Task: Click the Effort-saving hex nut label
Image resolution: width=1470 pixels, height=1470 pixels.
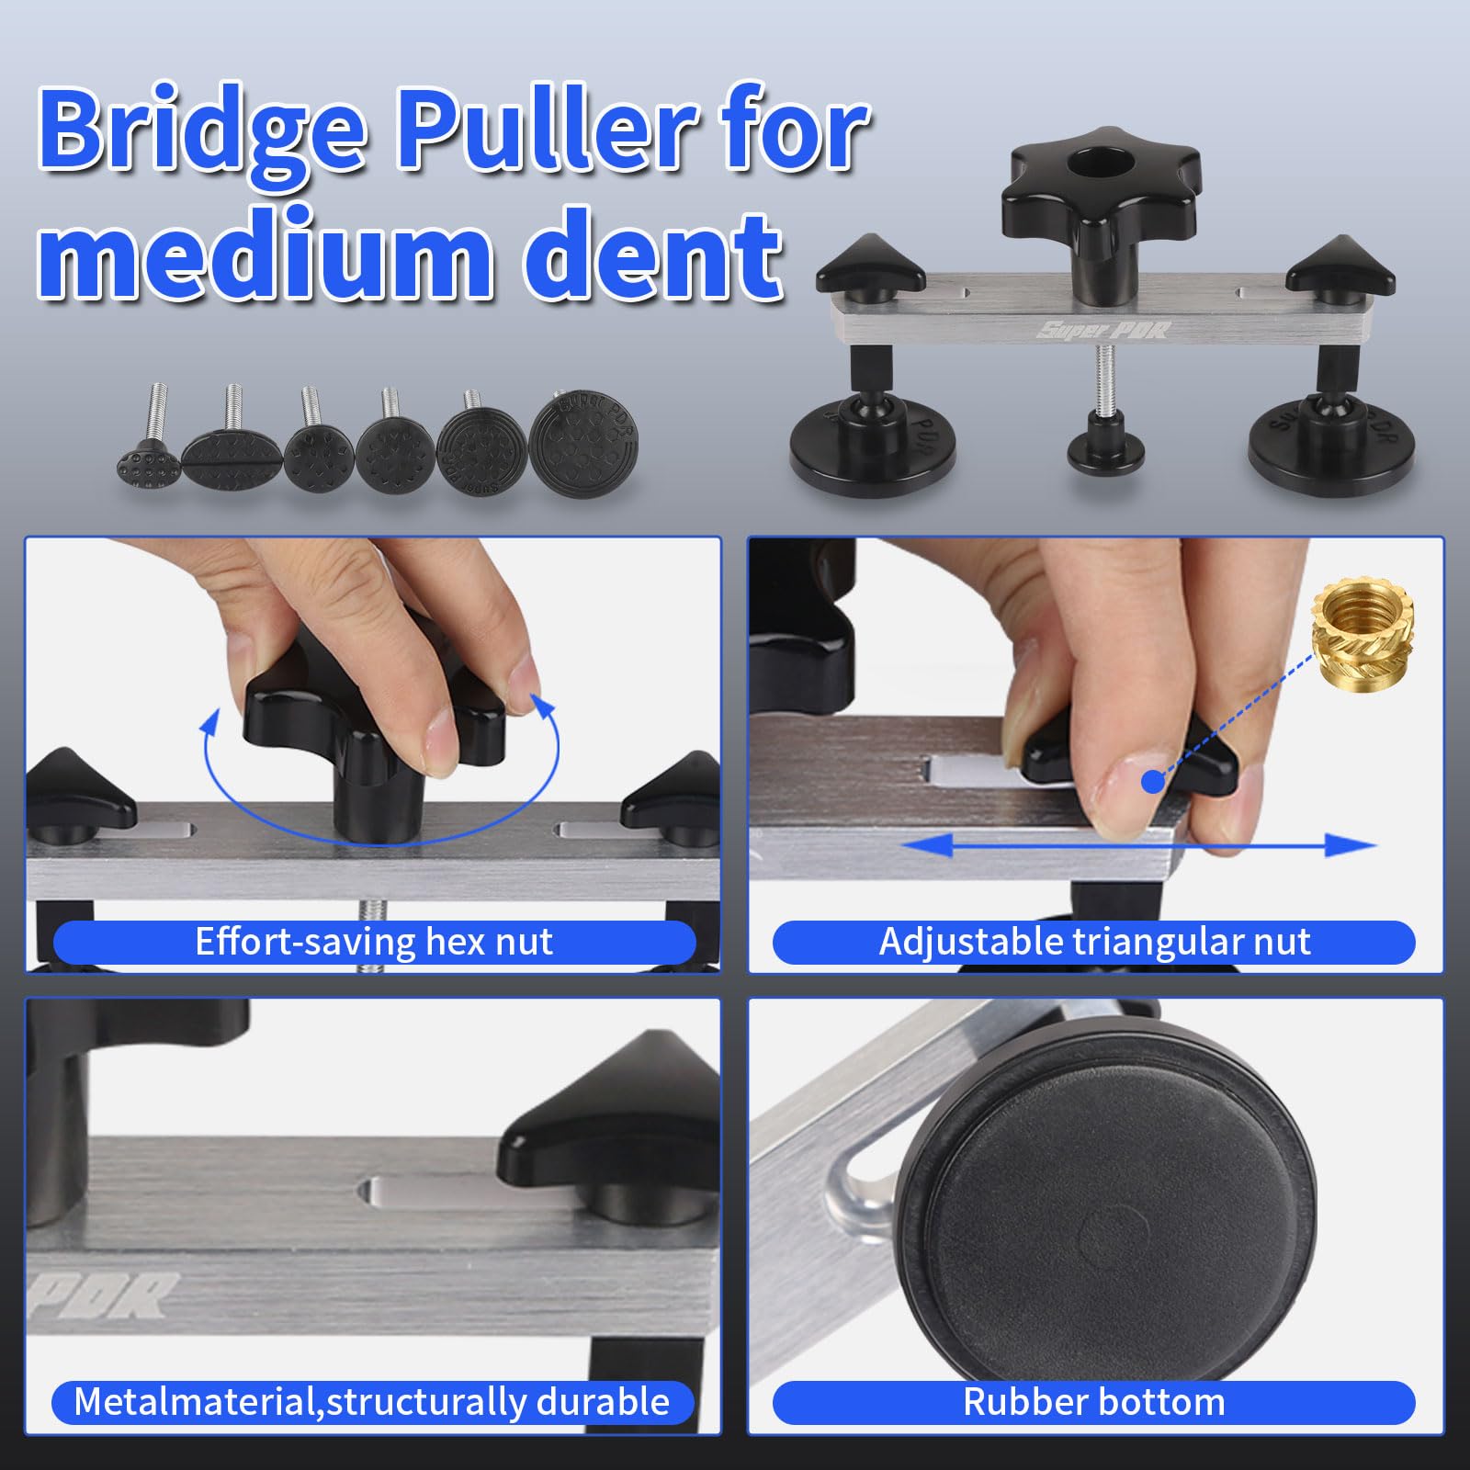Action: coord(374,943)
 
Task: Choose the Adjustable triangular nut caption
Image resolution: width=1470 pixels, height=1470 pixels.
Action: coord(1093,943)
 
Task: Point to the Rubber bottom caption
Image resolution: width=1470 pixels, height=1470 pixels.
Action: coord(1093,1402)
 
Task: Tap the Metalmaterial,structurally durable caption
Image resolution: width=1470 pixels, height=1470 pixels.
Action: coord(372,1402)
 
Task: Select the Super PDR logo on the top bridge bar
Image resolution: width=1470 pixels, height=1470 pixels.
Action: coord(1102,329)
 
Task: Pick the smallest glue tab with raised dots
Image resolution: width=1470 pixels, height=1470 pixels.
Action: coord(148,459)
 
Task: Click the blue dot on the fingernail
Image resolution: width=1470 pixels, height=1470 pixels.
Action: coord(1153,782)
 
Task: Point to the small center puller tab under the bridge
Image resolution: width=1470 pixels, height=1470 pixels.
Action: coord(1105,446)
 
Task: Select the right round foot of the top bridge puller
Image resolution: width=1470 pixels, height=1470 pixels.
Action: coord(1330,446)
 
